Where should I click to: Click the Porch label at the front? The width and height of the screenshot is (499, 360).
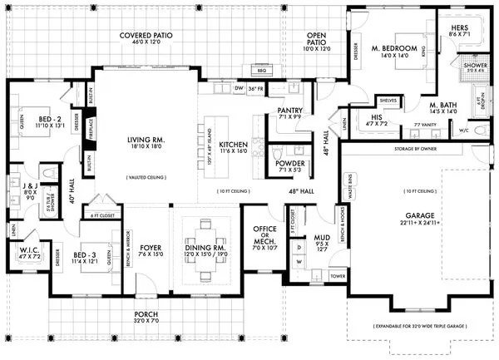(145, 315)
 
